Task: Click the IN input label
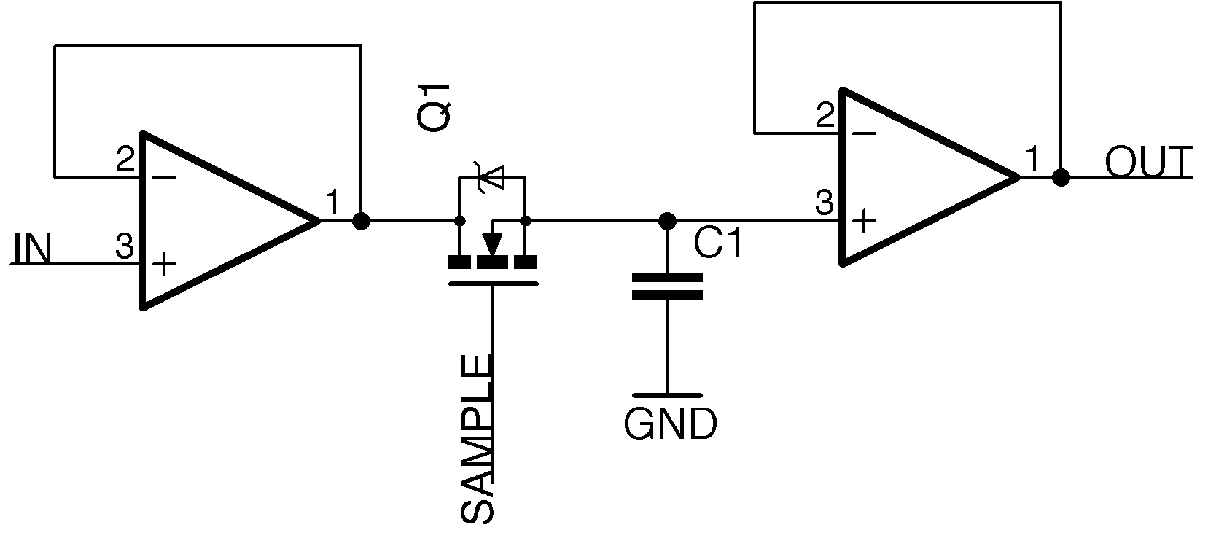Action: point(32,250)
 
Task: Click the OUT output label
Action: point(1148,163)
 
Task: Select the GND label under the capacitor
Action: point(670,424)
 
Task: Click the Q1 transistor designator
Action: point(435,107)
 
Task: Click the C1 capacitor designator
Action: point(718,244)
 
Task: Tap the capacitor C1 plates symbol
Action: point(666,286)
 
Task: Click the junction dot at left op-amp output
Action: point(360,220)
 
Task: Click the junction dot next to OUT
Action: point(1061,177)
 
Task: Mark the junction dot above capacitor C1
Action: point(666,220)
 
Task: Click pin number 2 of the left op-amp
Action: point(125,159)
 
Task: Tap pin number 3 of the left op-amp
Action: point(125,247)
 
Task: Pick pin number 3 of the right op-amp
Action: point(824,203)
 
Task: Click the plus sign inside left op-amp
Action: point(165,264)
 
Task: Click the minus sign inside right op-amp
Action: point(864,133)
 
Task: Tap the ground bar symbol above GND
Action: point(666,394)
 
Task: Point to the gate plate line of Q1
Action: point(493,284)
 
